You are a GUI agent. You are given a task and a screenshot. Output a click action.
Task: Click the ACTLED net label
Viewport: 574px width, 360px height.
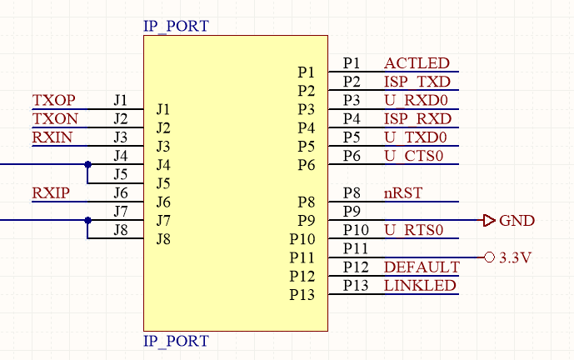tap(417, 63)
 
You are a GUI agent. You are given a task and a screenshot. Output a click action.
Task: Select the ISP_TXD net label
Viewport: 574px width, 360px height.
tap(417, 82)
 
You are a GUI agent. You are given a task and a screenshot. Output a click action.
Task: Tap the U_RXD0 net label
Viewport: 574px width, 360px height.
tap(415, 100)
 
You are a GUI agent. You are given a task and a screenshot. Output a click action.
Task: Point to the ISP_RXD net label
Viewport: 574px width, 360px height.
tap(417, 118)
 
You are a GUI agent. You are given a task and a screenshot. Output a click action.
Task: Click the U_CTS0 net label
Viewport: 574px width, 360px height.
tap(414, 156)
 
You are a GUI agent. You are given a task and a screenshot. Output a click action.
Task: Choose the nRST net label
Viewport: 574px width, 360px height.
tap(403, 192)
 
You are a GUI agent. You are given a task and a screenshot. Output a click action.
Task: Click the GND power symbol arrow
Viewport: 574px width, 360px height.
tap(489, 220)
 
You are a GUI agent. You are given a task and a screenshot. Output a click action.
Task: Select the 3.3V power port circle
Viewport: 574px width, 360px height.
tap(489, 257)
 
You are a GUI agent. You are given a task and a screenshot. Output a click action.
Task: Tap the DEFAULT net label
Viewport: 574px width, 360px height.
tap(422, 267)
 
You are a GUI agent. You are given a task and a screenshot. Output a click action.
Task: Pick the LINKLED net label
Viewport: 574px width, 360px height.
tap(420, 286)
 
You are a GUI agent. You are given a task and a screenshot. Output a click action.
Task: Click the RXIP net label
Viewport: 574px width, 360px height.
tap(50, 193)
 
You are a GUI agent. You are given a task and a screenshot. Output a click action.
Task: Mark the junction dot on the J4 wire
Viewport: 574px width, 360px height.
tap(87, 165)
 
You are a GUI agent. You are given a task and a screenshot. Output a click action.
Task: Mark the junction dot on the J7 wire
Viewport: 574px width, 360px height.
tap(87, 220)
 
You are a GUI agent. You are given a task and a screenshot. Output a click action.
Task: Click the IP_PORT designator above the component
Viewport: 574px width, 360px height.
tap(176, 26)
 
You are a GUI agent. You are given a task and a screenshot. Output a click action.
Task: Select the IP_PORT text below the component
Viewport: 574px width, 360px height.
tap(176, 341)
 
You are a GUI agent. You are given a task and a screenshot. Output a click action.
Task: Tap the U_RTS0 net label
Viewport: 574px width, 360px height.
tap(414, 230)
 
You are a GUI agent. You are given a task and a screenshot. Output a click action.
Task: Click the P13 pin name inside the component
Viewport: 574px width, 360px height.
tap(302, 295)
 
